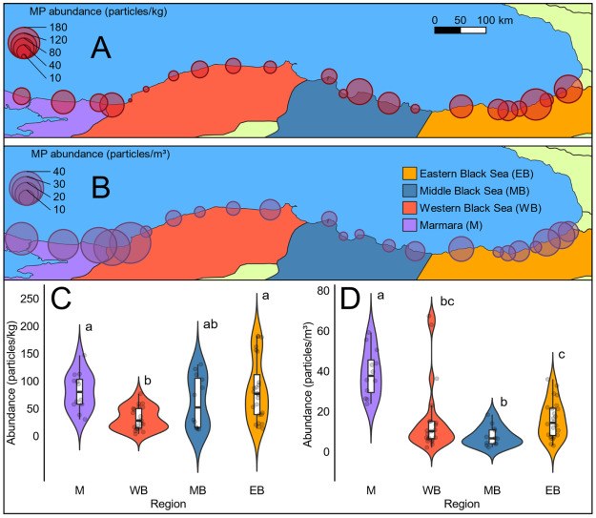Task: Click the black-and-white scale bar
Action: click(x=460, y=31)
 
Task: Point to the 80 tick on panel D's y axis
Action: click(x=324, y=290)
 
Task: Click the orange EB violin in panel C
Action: click(x=257, y=391)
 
